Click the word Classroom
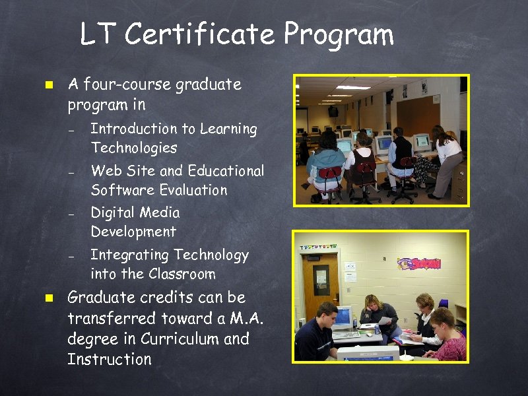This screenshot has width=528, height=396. coord(182,273)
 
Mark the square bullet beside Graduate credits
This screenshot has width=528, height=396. coord(48,298)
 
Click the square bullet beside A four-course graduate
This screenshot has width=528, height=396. coord(48,85)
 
